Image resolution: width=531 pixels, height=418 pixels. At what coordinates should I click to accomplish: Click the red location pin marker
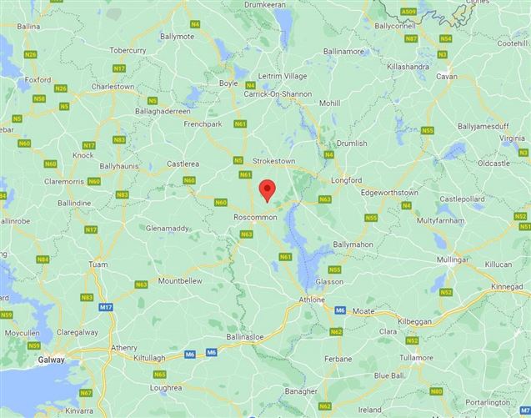pos(267,189)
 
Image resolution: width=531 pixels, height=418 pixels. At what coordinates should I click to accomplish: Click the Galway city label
pos(53,360)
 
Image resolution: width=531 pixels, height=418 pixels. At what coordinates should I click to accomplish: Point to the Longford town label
pos(346,179)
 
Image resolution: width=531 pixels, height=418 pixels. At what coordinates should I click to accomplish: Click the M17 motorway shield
pos(106,308)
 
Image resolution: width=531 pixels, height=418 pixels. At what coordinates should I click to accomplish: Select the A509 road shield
pos(408,13)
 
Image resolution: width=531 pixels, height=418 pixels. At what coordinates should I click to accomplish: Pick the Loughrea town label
pos(166,388)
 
